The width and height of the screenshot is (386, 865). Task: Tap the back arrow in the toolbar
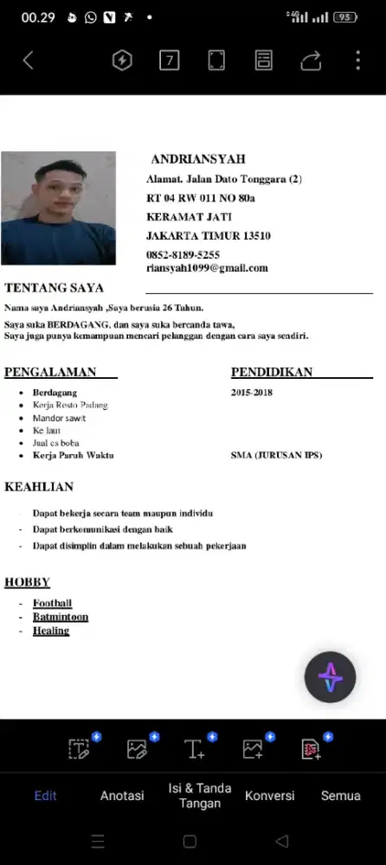tap(28, 60)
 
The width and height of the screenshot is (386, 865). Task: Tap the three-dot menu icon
tap(357, 60)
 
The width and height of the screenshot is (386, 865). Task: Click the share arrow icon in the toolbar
tap(311, 60)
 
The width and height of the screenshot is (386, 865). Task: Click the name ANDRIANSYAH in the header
tap(198, 159)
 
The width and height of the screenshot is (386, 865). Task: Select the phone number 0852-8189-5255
tap(183, 255)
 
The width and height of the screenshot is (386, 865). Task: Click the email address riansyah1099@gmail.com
tap(207, 268)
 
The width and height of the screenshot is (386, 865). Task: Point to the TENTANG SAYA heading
tap(54, 288)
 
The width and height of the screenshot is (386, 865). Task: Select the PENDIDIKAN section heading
tap(272, 373)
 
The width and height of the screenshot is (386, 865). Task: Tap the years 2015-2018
tap(252, 393)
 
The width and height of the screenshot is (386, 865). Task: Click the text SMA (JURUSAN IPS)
tap(276, 455)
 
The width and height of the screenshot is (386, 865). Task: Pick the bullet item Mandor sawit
tap(60, 418)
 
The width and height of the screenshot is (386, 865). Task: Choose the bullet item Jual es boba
tap(56, 443)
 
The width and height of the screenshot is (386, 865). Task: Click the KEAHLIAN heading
tap(39, 487)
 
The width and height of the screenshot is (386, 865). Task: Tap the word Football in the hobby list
tap(52, 603)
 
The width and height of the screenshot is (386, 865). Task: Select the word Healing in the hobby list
tap(51, 631)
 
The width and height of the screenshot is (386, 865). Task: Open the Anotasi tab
tap(122, 796)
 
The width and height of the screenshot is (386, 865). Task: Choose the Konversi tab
tap(269, 796)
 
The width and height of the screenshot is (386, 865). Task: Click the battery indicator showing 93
tap(345, 16)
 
